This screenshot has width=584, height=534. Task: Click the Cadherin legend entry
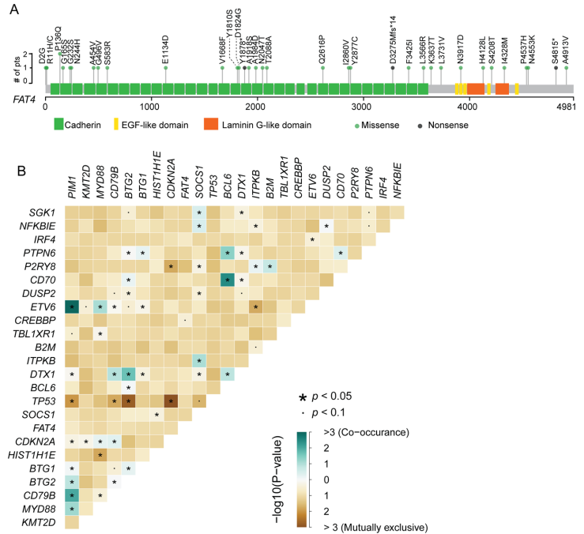click(x=83, y=124)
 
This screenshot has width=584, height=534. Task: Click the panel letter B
click(x=19, y=170)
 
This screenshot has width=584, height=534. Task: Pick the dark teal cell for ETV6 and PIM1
click(x=72, y=306)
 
